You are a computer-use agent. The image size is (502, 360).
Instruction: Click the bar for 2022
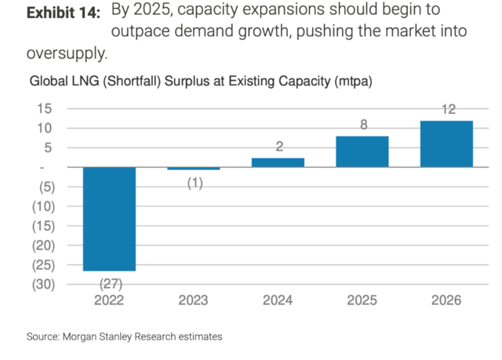(x=109, y=219)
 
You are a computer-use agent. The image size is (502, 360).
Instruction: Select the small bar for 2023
(x=193, y=169)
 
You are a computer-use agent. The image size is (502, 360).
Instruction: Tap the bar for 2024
(x=278, y=162)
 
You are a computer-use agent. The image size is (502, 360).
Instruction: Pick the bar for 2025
(x=362, y=151)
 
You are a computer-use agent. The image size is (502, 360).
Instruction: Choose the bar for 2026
(x=446, y=144)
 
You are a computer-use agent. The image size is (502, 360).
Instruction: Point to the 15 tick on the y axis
(x=45, y=108)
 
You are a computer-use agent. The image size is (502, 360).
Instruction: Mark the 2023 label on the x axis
(x=193, y=300)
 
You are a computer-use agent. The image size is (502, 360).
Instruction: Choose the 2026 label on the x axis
(x=446, y=300)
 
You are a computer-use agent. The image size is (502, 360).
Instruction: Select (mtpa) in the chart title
(x=351, y=82)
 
